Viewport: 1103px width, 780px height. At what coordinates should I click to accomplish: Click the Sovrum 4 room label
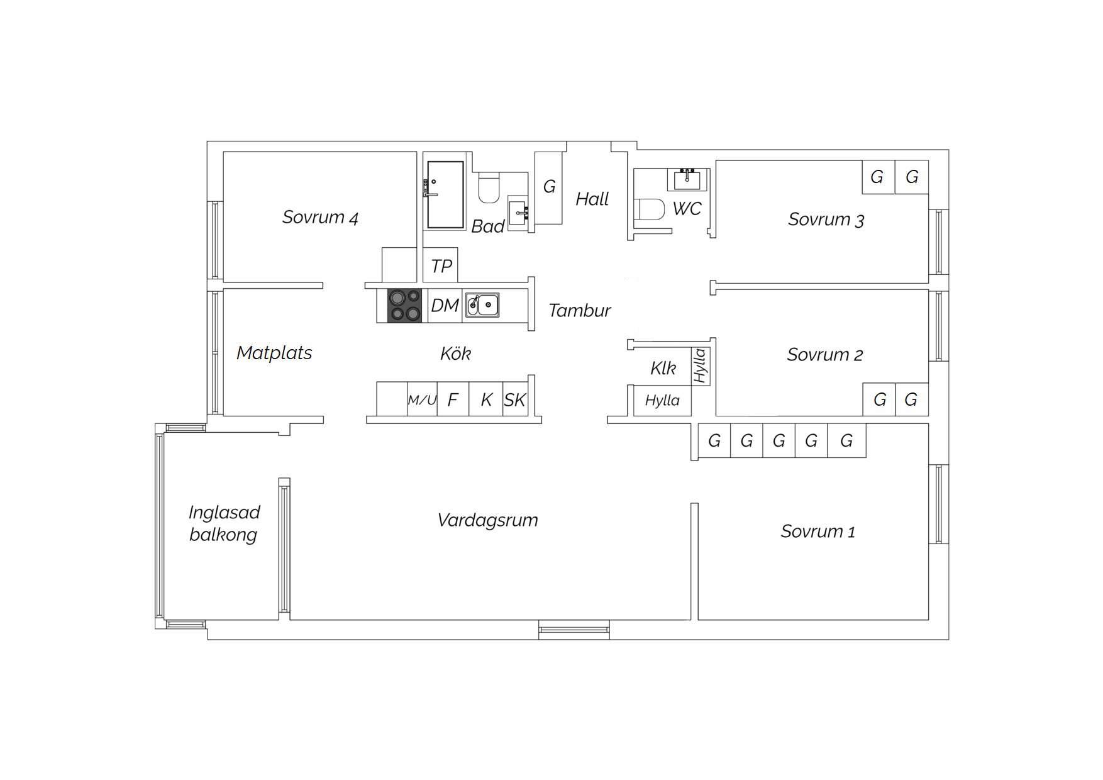[320, 218]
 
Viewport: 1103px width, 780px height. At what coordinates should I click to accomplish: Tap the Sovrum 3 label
[826, 220]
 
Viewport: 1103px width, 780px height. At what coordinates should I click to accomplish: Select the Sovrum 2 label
[824, 355]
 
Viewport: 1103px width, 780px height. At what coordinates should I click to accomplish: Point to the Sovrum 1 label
[818, 532]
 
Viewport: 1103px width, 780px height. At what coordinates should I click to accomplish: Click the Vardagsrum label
[487, 521]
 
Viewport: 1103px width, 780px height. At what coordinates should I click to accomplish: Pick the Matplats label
[274, 353]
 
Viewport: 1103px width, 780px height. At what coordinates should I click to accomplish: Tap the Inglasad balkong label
[224, 523]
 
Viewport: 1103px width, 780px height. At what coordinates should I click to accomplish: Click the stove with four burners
[404, 305]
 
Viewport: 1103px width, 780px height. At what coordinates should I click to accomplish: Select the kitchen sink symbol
[482, 304]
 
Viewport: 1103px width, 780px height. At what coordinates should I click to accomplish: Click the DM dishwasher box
[445, 306]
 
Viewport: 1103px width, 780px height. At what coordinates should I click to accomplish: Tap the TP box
[441, 265]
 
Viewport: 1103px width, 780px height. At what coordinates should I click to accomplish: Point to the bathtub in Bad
[445, 195]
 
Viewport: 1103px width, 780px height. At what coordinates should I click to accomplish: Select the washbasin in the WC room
[687, 179]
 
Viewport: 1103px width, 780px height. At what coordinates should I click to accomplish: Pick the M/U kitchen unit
[422, 399]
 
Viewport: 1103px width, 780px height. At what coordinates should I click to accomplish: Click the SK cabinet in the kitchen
[515, 399]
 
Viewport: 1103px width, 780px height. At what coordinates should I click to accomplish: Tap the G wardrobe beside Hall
[548, 187]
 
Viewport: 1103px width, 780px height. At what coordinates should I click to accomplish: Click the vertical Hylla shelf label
[700, 366]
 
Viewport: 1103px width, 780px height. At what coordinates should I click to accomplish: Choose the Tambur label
[579, 311]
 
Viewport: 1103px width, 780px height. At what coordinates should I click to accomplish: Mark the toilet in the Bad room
[489, 188]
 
